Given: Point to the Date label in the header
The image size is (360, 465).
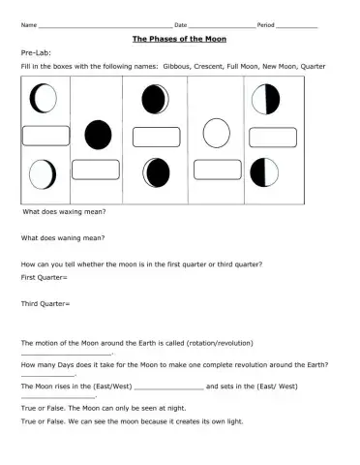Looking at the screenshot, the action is click(180, 23).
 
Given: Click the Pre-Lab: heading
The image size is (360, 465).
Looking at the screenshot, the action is click(35, 56).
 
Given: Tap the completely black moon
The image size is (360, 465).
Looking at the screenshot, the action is click(98, 133).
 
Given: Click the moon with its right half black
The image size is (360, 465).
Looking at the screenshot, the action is click(266, 99).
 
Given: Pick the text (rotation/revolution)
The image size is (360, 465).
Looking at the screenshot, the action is click(266, 344).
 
